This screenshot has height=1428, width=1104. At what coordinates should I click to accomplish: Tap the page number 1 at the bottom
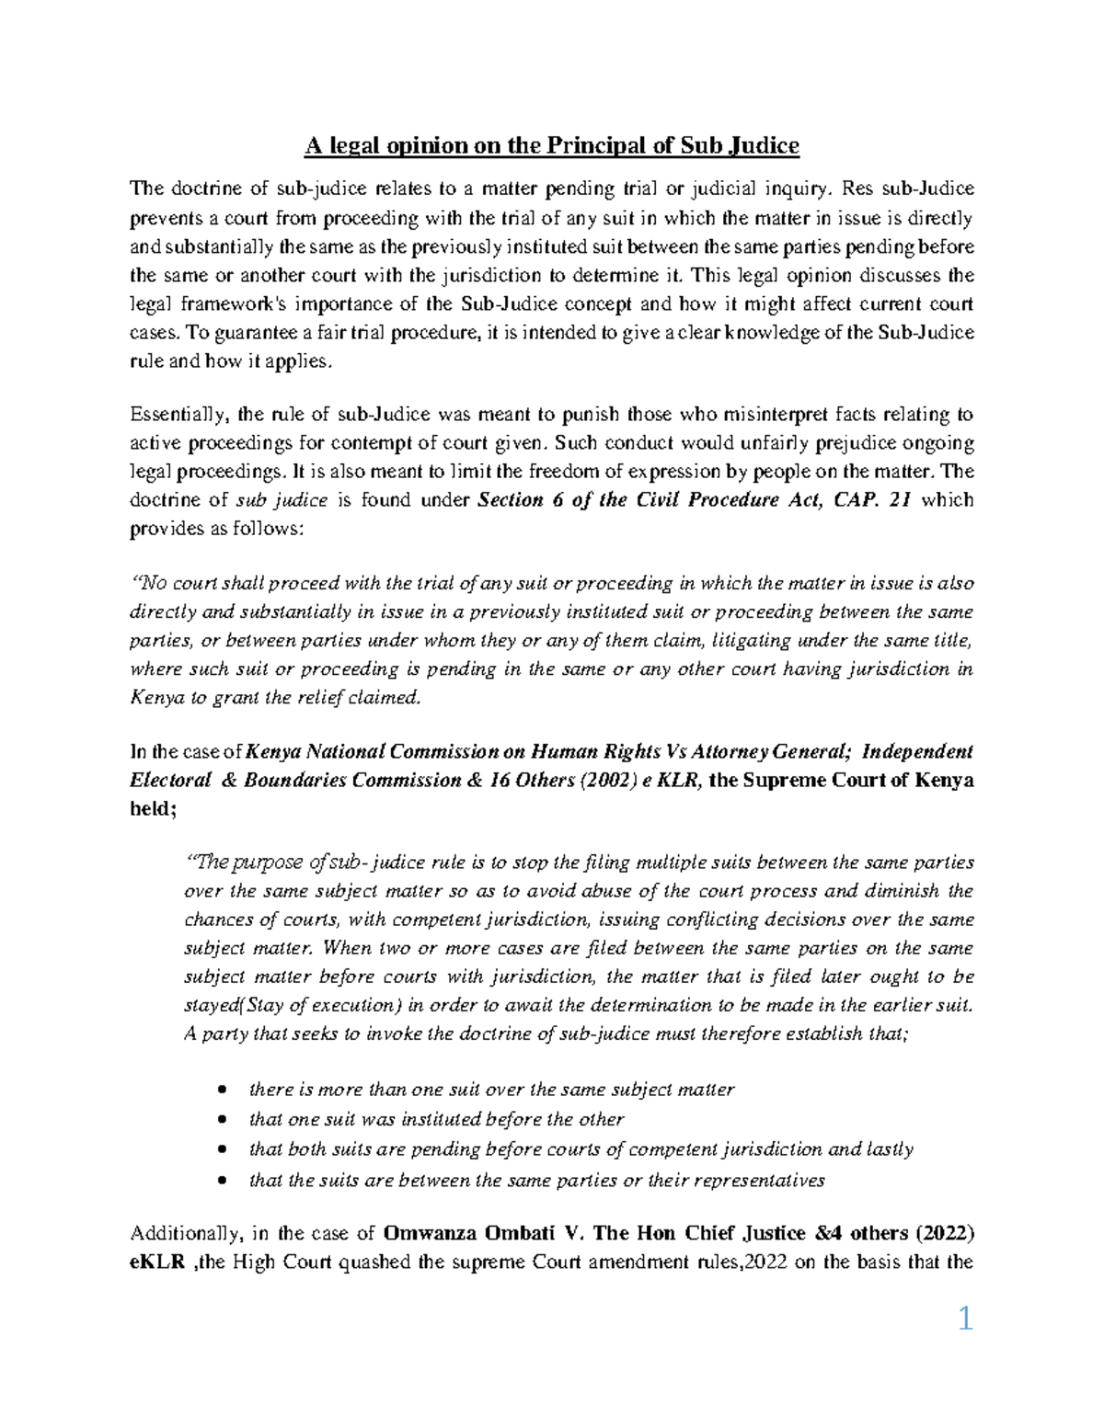(965, 1320)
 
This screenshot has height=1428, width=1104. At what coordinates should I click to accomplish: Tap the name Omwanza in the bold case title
(424, 1232)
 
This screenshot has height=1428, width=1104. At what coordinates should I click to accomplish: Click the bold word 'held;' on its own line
(152, 808)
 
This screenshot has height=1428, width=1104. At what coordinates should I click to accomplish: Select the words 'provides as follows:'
(215, 530)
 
